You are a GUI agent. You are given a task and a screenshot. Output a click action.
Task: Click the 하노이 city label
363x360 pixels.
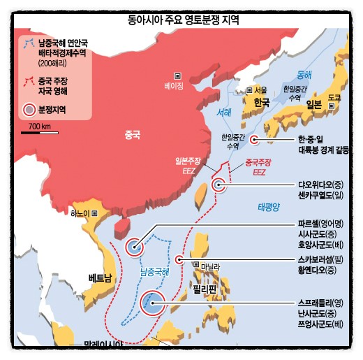(x=81, y=214)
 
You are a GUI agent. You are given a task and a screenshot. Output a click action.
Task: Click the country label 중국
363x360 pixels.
(x=132, y=134)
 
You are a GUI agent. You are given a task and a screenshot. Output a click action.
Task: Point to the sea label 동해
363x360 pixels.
(x=304, y=74)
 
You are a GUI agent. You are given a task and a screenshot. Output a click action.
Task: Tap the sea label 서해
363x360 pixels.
(x=224, y=113)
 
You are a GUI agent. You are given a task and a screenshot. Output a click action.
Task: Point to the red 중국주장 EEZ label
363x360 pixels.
(x=259, y=167)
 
